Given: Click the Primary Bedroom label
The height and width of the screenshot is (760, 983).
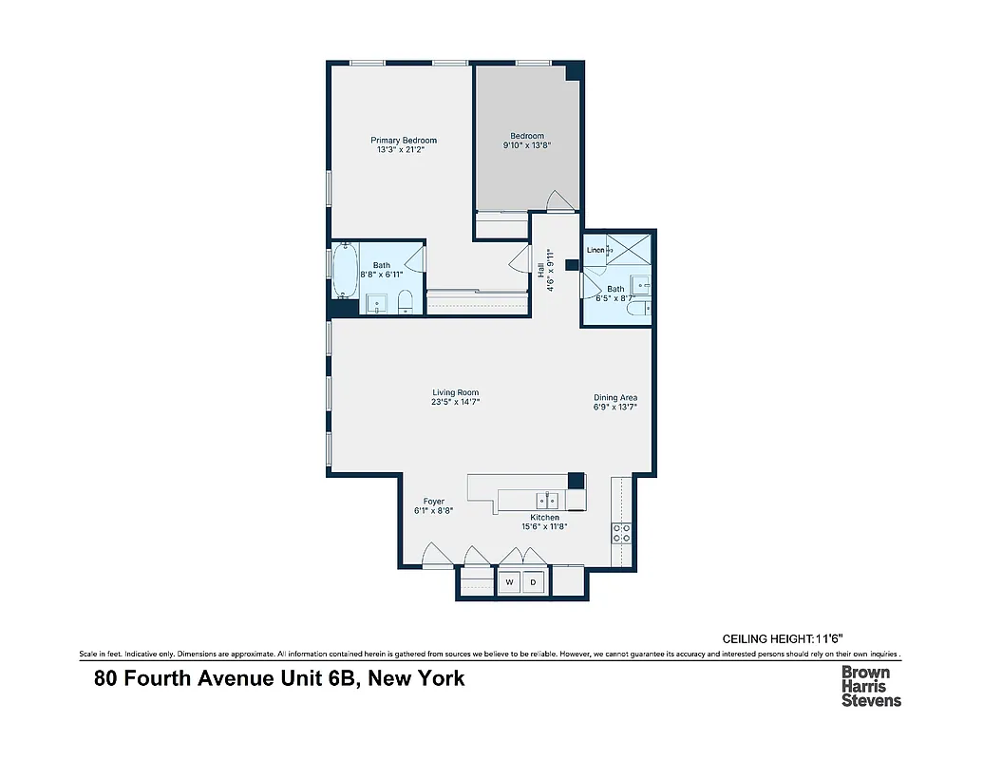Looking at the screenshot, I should click(x=404, y=141).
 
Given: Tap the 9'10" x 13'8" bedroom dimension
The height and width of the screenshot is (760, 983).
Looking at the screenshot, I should click(x=527, y=146).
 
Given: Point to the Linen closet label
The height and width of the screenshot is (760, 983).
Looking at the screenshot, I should click(x=595, y=251).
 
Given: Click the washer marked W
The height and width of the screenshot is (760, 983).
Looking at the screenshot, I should click(x=509, y=581).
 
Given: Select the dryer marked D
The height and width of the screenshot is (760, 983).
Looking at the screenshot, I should click(x=533, y=581).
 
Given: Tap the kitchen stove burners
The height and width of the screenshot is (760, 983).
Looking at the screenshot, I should click(x=621, y=533).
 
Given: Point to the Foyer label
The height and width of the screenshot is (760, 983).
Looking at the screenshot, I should click(x=433, y=502).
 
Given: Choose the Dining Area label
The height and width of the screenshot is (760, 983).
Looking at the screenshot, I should click(x=615, y=398).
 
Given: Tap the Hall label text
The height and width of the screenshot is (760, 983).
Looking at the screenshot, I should click(x=540, y=270).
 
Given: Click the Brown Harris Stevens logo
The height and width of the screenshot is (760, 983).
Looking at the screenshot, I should click(x=871, y=685).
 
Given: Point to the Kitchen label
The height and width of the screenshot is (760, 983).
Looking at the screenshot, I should click(x=532, y=518).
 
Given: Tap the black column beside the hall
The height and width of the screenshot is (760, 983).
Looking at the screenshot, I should click(x=572, y=266).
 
